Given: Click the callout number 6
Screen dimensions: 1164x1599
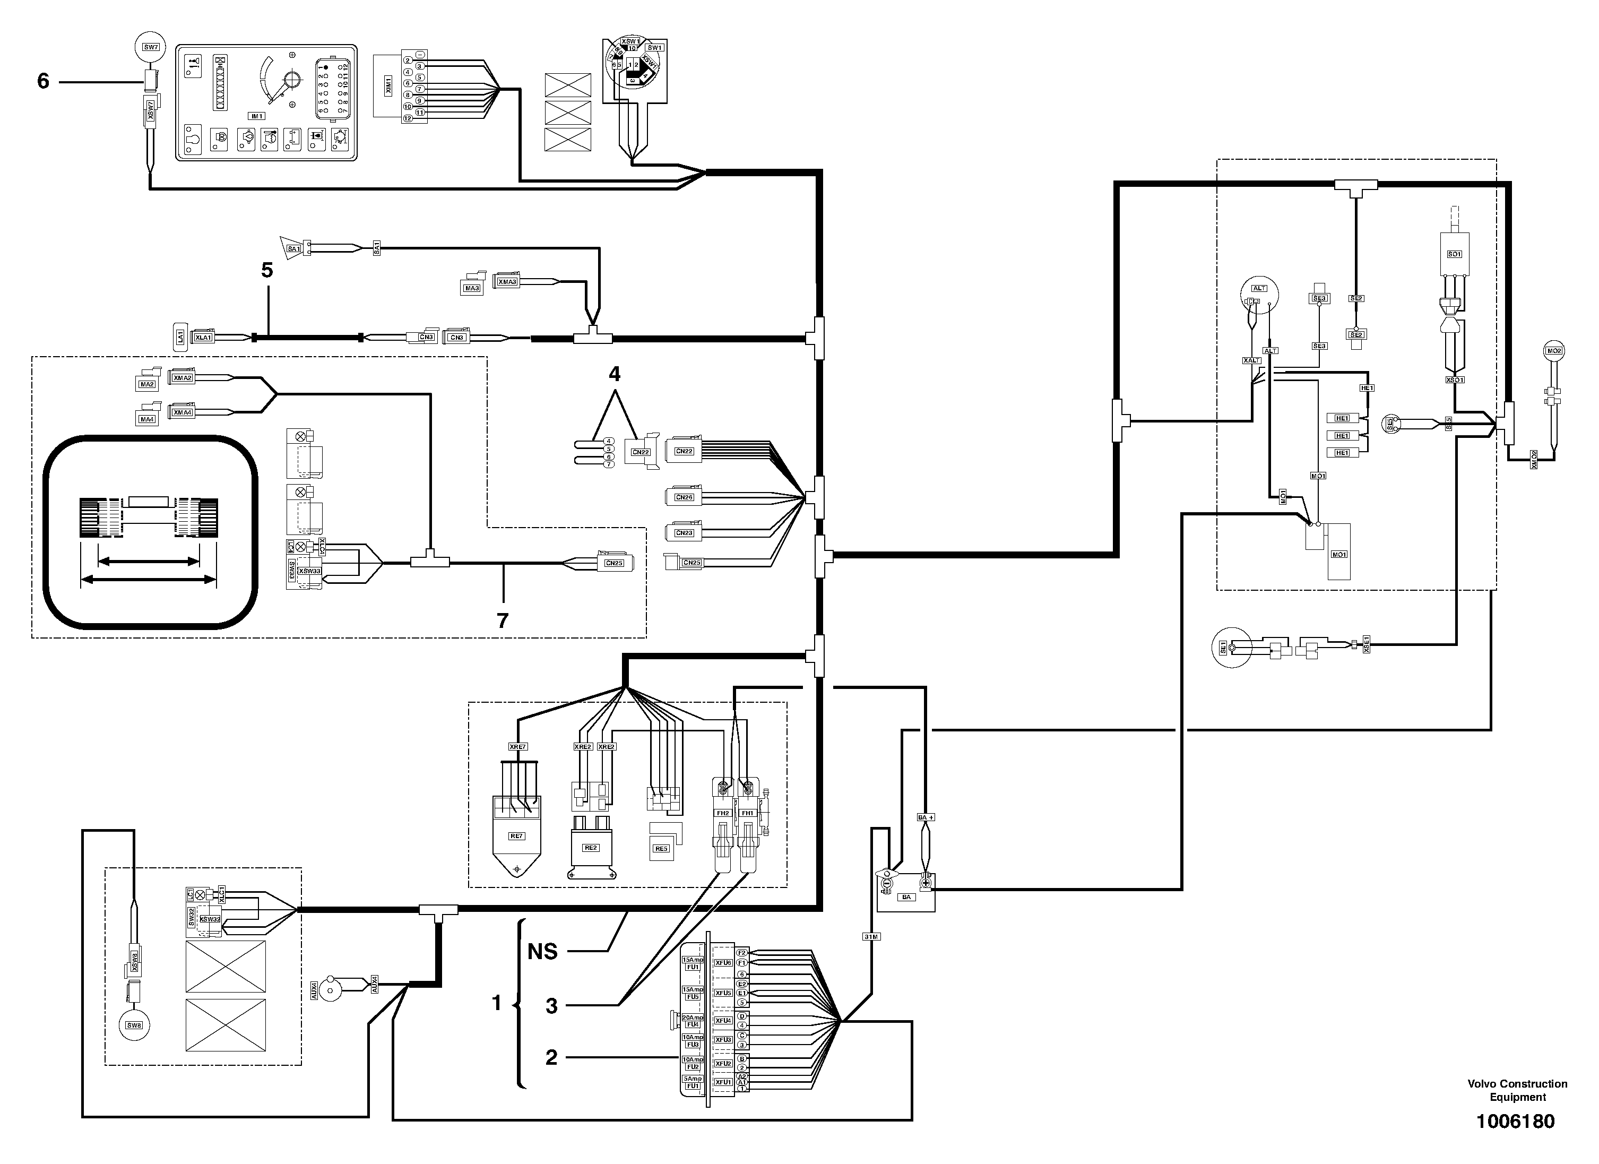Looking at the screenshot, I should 43,82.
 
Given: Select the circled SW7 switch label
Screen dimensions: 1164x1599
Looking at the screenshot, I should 151,47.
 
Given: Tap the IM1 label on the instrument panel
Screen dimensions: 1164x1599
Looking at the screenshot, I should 256,116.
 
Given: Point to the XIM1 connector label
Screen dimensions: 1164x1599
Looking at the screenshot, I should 388,86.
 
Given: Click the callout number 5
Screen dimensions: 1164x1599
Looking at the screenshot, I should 266,270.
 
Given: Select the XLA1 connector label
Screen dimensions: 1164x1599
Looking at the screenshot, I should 203,338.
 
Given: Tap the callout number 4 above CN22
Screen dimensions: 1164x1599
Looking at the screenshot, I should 615,374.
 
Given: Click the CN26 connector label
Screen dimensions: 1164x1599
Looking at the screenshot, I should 684,497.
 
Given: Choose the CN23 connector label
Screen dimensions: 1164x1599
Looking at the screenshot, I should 684,533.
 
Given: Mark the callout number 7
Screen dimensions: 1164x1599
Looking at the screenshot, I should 502,620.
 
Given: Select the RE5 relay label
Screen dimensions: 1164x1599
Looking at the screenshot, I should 661,848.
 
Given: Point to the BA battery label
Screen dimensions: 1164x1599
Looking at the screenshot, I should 906,898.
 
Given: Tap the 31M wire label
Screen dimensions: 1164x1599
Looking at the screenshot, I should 871,936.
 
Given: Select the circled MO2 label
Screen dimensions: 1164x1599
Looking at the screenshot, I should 1554,350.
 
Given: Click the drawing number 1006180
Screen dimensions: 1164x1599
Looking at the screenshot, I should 1515,1121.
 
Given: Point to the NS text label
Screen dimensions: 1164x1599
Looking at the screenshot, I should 542,952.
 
